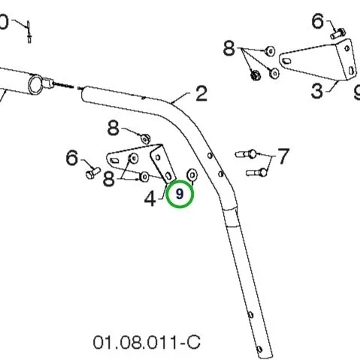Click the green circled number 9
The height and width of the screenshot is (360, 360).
tap(180, 194)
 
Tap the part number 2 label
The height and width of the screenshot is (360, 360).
tap(201, 94)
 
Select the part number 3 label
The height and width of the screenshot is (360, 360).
tap(317, 91)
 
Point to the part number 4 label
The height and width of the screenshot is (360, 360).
tap(150, 199)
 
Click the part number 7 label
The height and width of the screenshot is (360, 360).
tap(283, 156)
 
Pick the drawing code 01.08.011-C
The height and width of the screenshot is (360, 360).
tap(147, 342)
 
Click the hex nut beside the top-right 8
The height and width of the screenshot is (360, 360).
tap(256, 75)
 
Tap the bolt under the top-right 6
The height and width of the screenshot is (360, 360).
tap(338, 34)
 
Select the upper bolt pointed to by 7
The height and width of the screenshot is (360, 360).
tap(246, 154)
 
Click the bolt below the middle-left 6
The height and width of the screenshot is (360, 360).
tap(93, 173)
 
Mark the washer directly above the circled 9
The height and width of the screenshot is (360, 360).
tap(192, 174)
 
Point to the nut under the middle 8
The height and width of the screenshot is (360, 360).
tap(146, 139)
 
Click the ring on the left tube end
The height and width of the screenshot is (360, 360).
tap(35, 85)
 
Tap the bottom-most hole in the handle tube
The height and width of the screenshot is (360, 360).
tap(259, 349)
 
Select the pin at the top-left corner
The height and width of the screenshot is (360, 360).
tap(29, 32)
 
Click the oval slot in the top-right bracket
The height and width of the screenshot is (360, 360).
tap(286, 61)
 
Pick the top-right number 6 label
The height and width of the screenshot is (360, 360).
tap(318, 21)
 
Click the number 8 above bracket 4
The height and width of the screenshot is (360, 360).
tap(113, 129)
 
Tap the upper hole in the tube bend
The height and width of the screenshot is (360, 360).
tap(210, 156)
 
